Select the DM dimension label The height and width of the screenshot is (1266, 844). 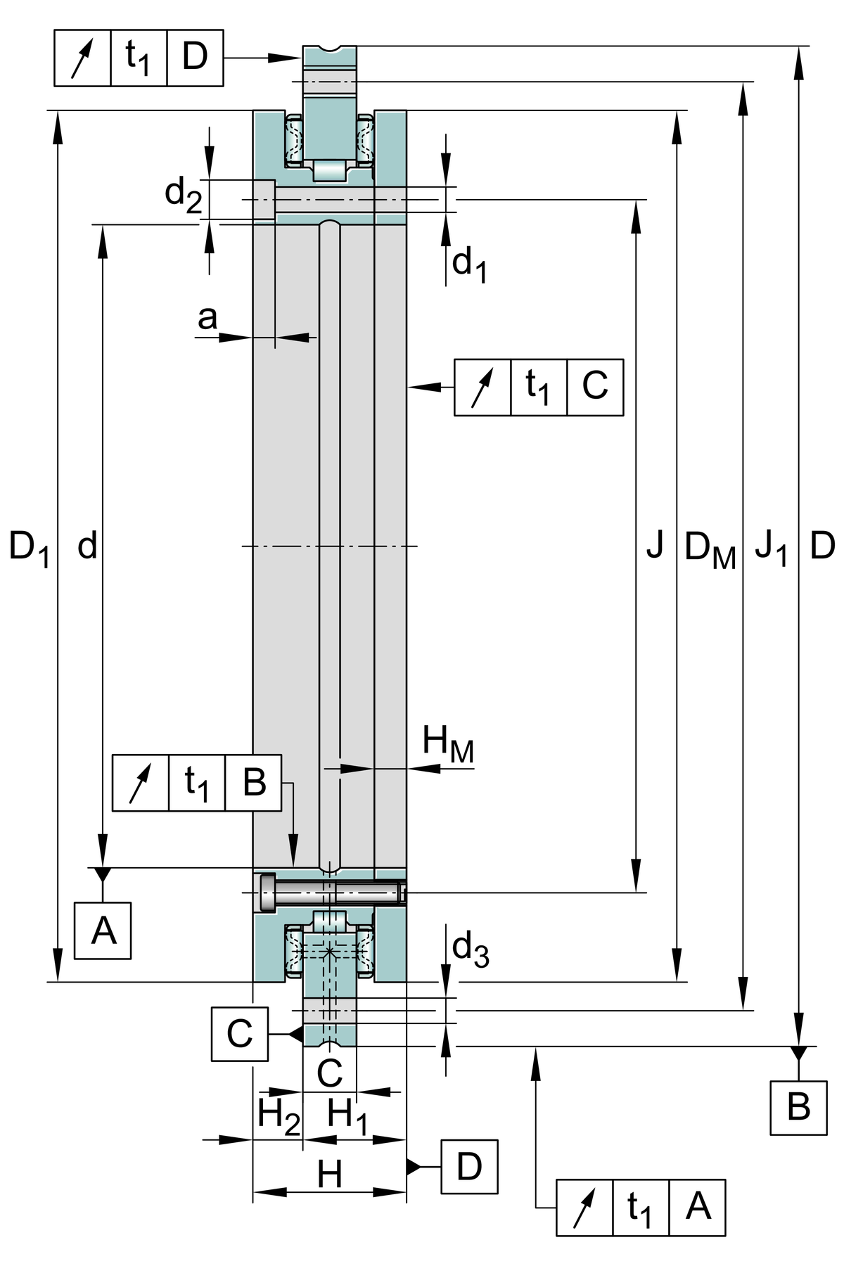(x=710, y=549)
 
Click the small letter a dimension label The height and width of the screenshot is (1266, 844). (x=207, y=319)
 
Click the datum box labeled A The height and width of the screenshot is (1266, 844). (x=103, y=931)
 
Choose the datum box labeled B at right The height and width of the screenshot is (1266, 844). (x=798, y=1106)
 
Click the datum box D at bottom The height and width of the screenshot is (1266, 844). (x=469, y=1166)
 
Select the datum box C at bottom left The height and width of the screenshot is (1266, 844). (x=239, y=1033)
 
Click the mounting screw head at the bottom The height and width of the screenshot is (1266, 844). (x=268, y=893)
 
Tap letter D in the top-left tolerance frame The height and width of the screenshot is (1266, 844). (x=195, y=58)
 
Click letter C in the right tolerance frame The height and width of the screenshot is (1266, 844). (x=594, y=386)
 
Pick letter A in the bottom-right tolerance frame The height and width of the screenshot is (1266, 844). (x=697, y=1207)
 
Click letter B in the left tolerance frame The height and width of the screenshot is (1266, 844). (x=253, y=782)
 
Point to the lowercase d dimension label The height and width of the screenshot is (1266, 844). (x=87, y=546)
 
